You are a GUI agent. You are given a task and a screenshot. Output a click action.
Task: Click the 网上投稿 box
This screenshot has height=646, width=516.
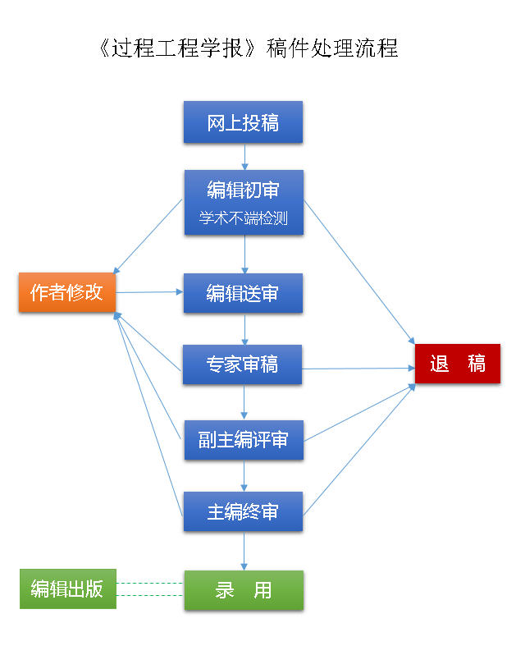243,123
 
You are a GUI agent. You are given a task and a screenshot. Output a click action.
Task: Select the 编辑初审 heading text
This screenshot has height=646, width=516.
243,190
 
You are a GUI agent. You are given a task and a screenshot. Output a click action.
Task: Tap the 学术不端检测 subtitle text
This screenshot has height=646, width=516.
243,219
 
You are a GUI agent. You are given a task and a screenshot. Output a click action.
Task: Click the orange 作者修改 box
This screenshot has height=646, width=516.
66,292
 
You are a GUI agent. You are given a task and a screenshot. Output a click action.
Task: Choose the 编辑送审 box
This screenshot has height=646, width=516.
243,293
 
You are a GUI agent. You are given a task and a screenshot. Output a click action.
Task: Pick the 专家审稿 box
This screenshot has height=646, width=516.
243,365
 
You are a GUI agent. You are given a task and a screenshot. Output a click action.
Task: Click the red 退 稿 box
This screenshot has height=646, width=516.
457,364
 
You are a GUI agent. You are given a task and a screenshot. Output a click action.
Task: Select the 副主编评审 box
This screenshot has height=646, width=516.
243,440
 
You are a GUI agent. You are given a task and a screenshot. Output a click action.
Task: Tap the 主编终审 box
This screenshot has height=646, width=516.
243,511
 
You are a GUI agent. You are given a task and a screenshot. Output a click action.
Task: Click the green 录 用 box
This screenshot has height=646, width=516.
243,590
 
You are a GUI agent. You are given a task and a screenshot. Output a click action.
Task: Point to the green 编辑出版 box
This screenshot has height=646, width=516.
67,589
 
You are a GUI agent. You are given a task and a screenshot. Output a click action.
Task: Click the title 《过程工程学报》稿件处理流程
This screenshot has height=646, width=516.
247,48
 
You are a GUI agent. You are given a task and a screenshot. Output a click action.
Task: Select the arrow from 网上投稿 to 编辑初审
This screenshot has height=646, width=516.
244,157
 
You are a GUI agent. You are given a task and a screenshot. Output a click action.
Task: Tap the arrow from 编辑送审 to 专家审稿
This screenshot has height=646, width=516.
244,329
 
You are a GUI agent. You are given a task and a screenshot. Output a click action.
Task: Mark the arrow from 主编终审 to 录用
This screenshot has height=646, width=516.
244,551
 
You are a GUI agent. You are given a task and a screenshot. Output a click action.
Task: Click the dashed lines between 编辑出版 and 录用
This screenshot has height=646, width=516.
150,589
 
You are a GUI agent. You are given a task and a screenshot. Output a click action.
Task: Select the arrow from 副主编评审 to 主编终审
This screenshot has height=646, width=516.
244,476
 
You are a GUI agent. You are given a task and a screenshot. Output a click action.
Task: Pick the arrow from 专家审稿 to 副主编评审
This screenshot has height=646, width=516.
244,402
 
